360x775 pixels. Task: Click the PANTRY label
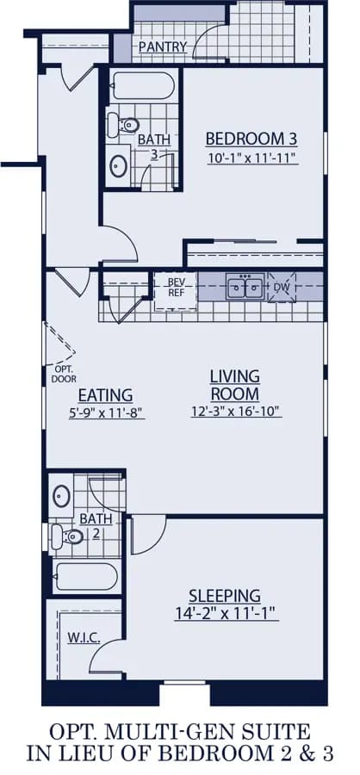163,47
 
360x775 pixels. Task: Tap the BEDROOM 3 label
251,139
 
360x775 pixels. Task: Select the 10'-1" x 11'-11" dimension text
252,158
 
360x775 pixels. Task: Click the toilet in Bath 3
122,125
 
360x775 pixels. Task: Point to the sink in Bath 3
119,166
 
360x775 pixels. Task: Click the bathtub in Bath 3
142,85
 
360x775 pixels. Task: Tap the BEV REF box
176,291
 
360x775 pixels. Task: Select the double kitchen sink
245,287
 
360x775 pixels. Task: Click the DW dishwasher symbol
282,287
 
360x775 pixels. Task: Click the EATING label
105,395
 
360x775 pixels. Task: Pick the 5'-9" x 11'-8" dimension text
106,412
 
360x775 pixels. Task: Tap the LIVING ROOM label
235,385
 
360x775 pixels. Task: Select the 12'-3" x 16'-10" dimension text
236,411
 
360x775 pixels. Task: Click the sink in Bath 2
61,496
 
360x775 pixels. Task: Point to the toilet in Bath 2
67,536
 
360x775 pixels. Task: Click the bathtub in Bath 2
86,576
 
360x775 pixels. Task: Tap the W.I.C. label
84,638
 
